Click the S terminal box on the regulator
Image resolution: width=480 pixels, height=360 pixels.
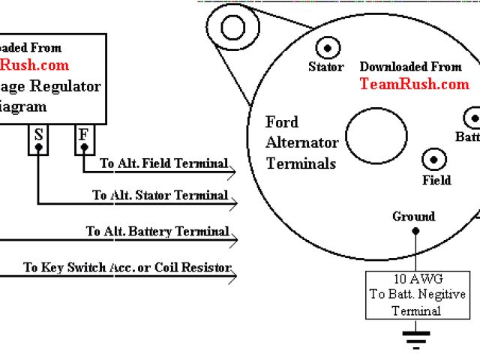point(38,140)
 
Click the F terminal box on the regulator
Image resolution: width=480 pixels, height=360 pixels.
point(84,140)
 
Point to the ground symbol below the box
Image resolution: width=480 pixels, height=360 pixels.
point(412,338)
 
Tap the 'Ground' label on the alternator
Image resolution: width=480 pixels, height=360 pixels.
point(413,217)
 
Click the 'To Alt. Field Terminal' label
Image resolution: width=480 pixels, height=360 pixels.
point(164,163)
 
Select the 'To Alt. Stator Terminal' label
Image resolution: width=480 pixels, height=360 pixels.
point(160,195)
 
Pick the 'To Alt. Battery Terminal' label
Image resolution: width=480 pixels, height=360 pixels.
point(157,232)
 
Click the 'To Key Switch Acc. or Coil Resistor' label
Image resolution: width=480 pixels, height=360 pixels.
point(127,267)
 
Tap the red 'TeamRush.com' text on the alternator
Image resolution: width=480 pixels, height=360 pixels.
point(414,84)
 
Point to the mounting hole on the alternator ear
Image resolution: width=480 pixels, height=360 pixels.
point(233,27)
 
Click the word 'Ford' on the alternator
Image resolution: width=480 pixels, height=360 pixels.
point(282,122)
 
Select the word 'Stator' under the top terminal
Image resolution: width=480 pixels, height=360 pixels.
point(327,67)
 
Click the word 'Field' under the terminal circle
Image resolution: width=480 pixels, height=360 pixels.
point(436,180)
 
